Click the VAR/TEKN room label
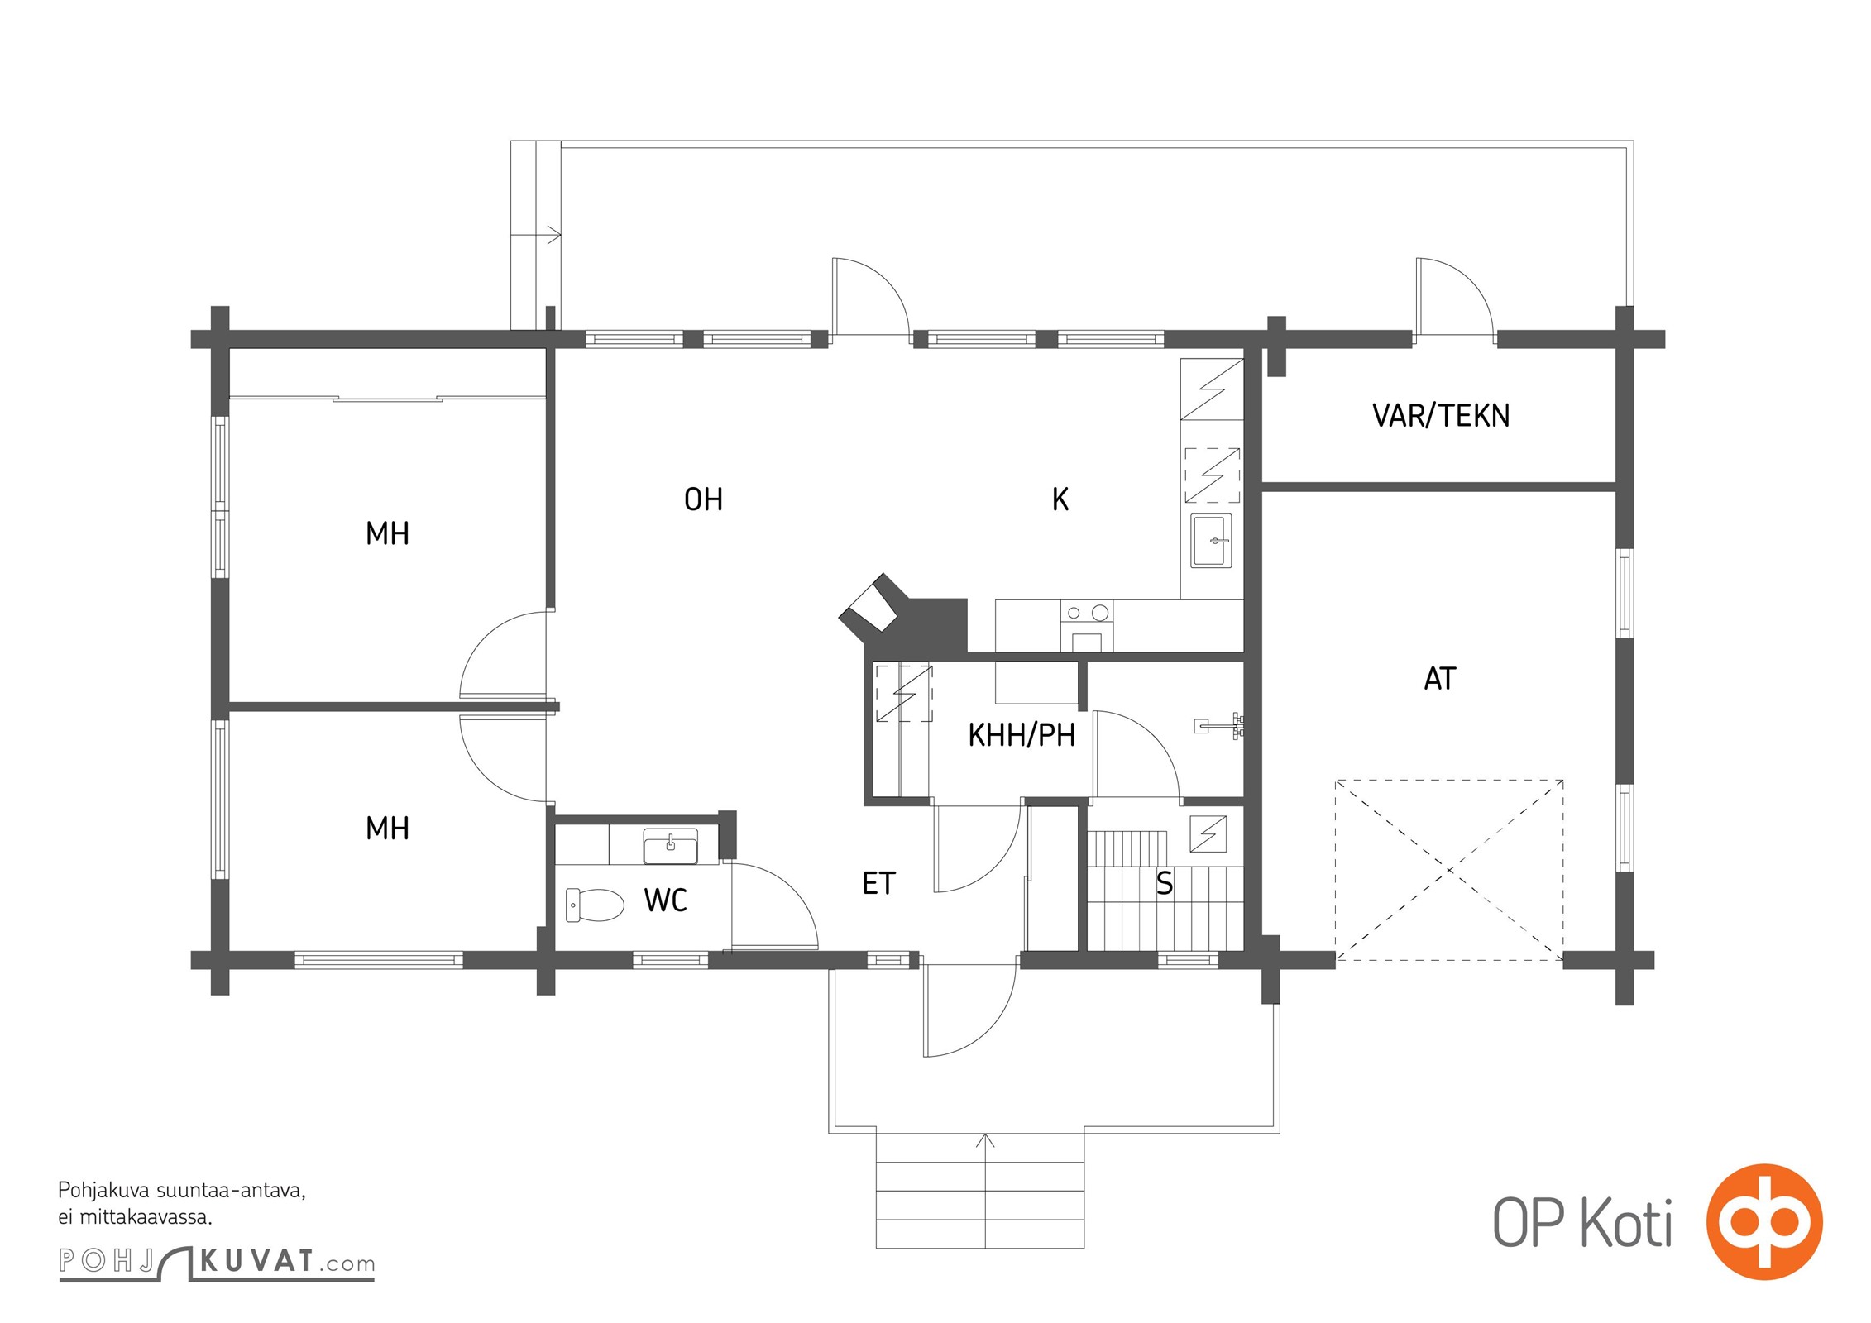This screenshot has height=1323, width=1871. pyautogui.click(x=1441, y=415)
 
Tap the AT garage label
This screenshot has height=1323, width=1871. pyautogui.click(x=1440, y=679)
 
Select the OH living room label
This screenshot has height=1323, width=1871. pyautogui.click(x=703, y=499)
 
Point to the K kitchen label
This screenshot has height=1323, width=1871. pyautogui.click(x=1060, y=499)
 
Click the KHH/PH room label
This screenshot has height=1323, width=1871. pyautogui.click(x=1022, y=735)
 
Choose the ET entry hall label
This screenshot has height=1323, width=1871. pyautogui.click(x=878, y=884)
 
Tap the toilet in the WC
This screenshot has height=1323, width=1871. pyautogui.click(x=595, y=905)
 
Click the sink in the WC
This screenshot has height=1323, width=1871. pyautogui.click(x=671, y=846)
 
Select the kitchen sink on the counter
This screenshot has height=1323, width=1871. pyautogui.click(x=1211, y=541)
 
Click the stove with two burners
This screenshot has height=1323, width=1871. pyautogui.click(x=1087, y=626)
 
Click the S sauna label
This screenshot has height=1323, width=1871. pyautogui.click(x=1165, y=884)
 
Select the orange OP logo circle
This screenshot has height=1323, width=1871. pyautogui.click(x=1764, y=1221)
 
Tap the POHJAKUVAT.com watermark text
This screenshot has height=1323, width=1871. pyautogui.click(x=217, y=1263)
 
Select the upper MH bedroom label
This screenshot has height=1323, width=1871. pyautogui.click(x=387, y=533)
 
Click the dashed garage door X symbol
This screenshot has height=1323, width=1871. pyautogui.click(x=1449, y=870)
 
